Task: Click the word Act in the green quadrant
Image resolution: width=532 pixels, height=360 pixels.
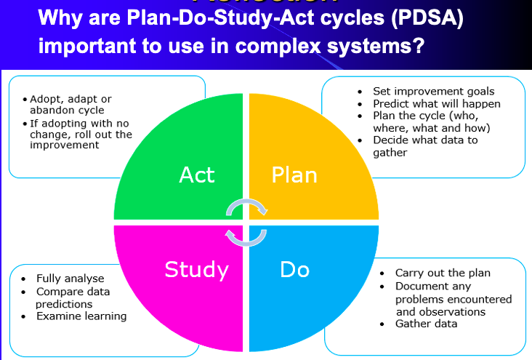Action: point(197,175)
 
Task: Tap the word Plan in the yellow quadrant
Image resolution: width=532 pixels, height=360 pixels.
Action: point(294,175)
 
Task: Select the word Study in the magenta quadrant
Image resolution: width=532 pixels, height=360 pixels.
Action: point(196,270)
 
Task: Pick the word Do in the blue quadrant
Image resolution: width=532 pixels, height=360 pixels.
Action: point(294,270)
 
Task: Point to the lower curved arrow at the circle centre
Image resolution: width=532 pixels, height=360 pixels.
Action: point(246,236)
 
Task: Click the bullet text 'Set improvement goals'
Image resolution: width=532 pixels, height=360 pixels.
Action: point(433,92)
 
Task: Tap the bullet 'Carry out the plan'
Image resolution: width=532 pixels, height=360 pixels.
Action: point(443,273)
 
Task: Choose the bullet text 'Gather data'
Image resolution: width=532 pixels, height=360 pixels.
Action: point(426,323)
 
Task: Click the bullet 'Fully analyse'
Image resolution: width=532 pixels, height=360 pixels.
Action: point(70,279)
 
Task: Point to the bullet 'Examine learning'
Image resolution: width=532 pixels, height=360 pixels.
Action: point(81,316)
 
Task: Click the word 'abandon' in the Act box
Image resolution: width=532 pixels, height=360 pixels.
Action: point(51,111)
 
